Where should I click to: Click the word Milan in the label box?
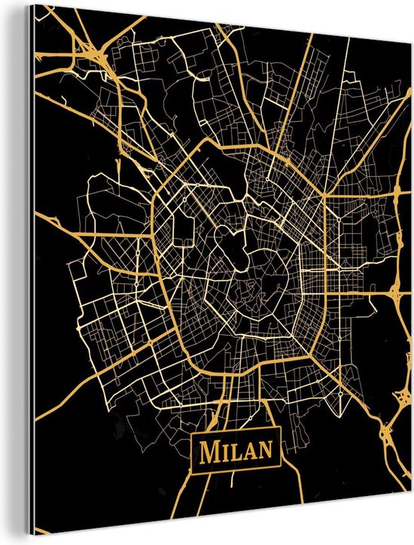[236, 451]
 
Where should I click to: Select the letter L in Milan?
[233, 452]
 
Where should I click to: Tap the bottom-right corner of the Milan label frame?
[279, 468]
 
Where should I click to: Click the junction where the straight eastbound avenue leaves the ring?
[324, 195]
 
